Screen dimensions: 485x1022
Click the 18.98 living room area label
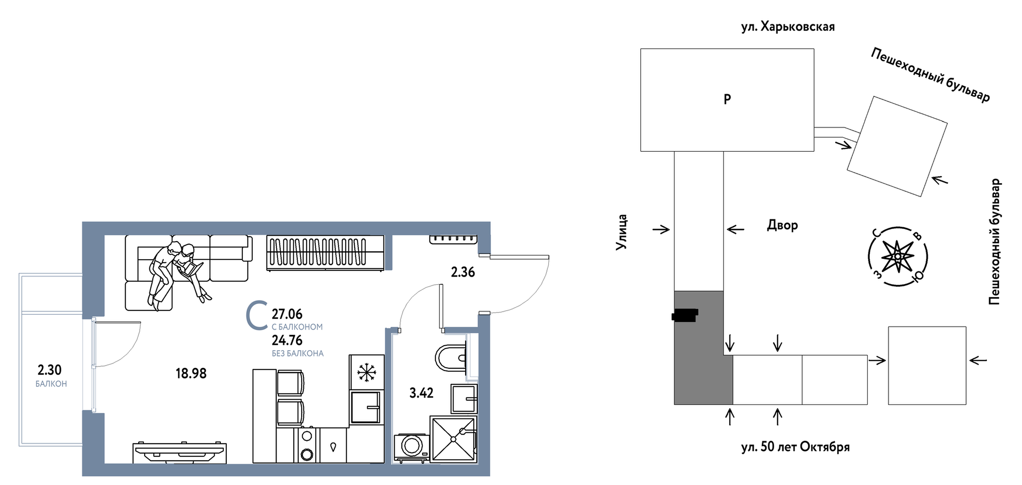coord(191,373)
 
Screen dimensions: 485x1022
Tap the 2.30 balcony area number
coord(49,370)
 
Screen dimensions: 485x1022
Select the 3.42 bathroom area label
coord(421,393)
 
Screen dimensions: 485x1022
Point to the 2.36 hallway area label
coord(463,272)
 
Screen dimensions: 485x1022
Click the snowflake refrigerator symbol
coord(366,372)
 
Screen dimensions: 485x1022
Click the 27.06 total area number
coord(287,314)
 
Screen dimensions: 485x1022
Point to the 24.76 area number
coord(287,340)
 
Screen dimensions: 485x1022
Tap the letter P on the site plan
coord(727,99)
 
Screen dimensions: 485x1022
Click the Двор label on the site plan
coord(782,225)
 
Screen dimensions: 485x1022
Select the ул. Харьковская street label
coord(788,27)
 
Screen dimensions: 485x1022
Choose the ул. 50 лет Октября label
coord(795,447)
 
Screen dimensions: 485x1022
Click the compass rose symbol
coord(897,256)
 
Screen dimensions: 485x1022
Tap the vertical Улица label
coord(621,232)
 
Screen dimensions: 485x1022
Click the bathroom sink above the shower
coord(464,398)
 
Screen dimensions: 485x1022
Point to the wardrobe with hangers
coord(326,253)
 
